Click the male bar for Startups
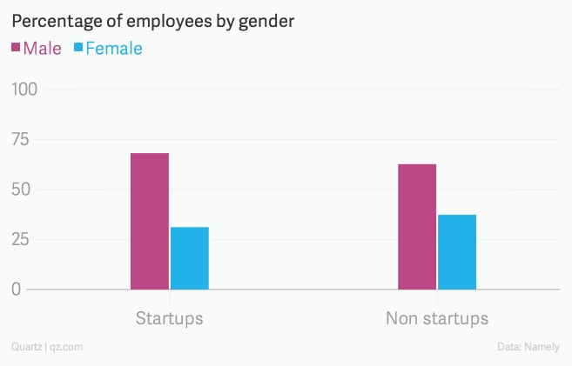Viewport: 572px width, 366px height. click(x=150, y=221)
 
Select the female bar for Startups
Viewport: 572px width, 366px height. click(x=190, y=258)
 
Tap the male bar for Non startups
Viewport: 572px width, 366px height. click(x=417, y=226)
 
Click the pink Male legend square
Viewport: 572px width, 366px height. click(x=16, y=49)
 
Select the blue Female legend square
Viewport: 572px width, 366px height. click(x=77, y=49)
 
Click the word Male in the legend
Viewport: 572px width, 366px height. click(x=43, y=49)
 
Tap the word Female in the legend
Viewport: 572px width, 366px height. click(x=113, y=49)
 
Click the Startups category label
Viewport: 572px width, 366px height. click(x=169, y=317)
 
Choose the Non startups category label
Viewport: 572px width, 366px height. click(x=437, y=317)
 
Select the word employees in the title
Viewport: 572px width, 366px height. click(x=163, y=20)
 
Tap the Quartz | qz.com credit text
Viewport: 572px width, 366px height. click(x=47, y=347)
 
